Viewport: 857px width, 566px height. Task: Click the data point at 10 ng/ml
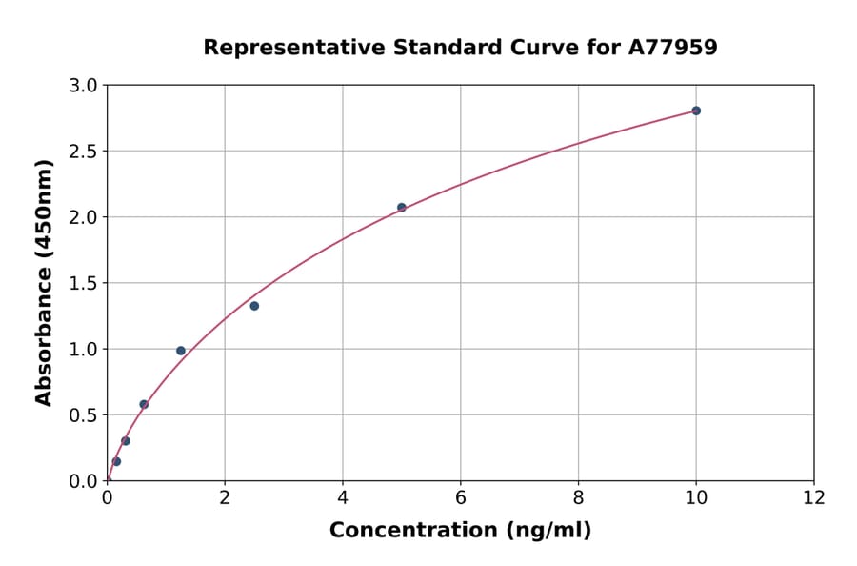coord(696,111)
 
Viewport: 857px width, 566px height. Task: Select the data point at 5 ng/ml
coord(402,207)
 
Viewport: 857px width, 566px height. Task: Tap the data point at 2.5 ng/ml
coord(254,306)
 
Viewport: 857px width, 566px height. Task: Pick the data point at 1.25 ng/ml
coord(181,351)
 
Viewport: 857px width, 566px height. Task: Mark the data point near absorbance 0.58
coord(144,404)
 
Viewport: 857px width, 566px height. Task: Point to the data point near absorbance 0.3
coord(126,441)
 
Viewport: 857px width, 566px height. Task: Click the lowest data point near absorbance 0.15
coord(116,461)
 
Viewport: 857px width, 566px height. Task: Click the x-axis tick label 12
coord(814,497)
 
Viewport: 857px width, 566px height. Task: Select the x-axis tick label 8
coord(578,497)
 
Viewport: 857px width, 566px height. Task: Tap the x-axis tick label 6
coord(460,497)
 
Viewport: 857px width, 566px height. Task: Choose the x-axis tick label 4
coord(343,497)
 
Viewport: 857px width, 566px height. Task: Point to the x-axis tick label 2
coord(225,497)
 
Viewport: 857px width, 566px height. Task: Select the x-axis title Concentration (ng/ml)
coord(460,530)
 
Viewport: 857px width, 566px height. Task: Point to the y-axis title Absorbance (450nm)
coord(44,282)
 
